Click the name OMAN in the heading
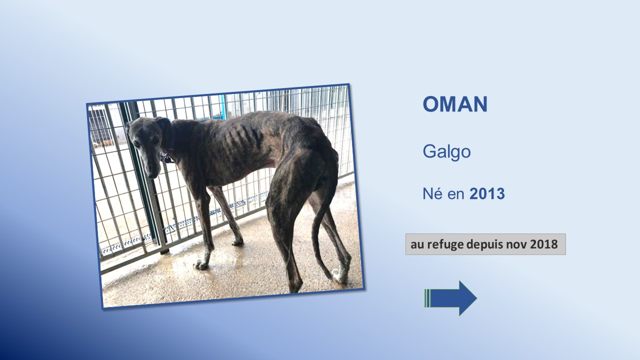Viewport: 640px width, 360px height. tap(455, 104)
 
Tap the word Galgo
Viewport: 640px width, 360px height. tap(446, 151)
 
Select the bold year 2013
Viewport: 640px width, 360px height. tap(487, 193)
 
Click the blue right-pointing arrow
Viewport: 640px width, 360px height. tap(450, 298)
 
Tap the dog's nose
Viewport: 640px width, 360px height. tap(152, 175)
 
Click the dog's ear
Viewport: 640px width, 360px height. tap(163, 123)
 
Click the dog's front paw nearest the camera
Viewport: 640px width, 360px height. tap(201, 265)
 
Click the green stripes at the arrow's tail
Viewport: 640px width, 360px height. tap(427, 298)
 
